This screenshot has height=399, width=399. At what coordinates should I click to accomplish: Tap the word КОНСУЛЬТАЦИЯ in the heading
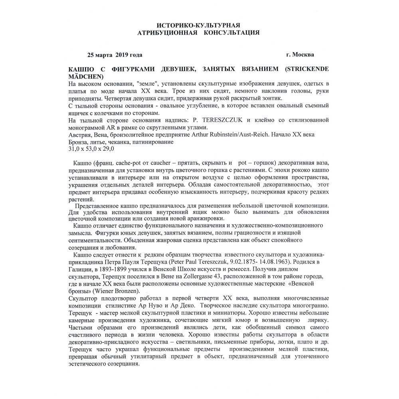[231, 33]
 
